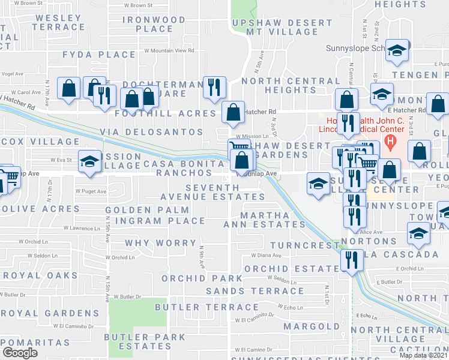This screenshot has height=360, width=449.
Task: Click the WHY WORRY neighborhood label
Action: (160, 243)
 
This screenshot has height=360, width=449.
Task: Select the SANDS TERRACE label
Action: (250, 291)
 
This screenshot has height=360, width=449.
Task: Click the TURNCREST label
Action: (304, 246)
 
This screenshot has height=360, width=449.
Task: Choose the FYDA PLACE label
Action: (100, 55)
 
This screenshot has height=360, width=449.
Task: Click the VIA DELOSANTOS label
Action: (155, 132)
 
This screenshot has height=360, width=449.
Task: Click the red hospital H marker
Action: (391, 143)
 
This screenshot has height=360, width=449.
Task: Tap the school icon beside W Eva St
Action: (89, 161)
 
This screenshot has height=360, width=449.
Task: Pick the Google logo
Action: (20, 353)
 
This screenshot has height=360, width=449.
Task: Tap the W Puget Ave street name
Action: (91, 192)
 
